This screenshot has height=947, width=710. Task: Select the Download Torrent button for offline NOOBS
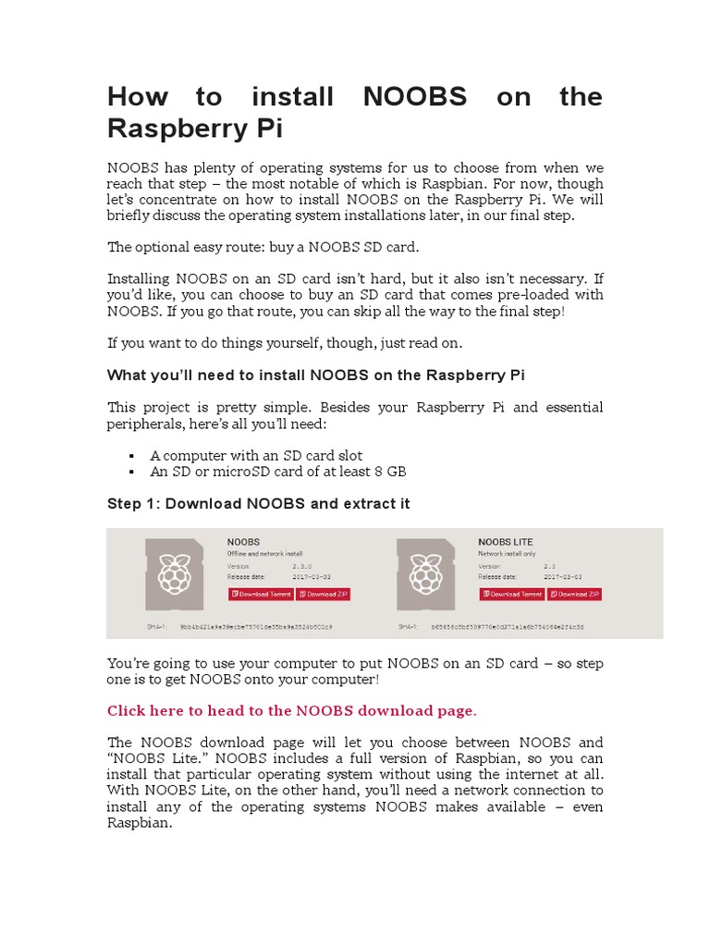[x=261, y=594]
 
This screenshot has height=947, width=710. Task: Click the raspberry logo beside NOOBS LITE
[x=424, y=573]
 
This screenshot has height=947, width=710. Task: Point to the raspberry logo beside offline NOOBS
[x=174, y=573]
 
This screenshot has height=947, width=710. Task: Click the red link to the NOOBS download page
[x=292, y=710]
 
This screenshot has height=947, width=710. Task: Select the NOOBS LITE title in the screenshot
[x=505, y=541]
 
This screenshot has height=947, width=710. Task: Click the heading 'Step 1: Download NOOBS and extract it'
[x=259, y=504]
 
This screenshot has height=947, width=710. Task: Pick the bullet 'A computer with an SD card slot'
[x=256, y=455]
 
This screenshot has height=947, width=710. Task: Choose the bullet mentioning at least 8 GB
[x=278, y=472]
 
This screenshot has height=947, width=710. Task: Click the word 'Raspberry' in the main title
[x=169, y=129]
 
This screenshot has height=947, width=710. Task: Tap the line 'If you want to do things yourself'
[x=284, y=343]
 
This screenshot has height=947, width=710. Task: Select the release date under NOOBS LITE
[x=563, y=576]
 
